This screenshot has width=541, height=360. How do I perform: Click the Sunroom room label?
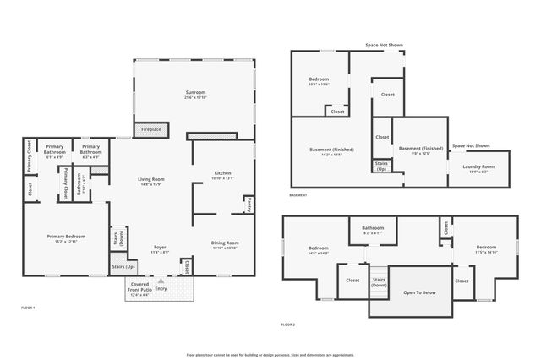click(195, 93)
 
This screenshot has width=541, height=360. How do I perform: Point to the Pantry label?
click(249, 204)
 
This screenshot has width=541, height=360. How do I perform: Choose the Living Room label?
click(151, 181)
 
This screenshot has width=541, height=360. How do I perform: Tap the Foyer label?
click(160, 248)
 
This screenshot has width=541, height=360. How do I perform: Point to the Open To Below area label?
click(419, 292)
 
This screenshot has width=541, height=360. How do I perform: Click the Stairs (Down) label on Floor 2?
click(379, 281)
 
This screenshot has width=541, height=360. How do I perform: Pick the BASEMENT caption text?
click(298, 195)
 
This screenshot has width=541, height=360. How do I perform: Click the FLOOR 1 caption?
click(28, 308)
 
